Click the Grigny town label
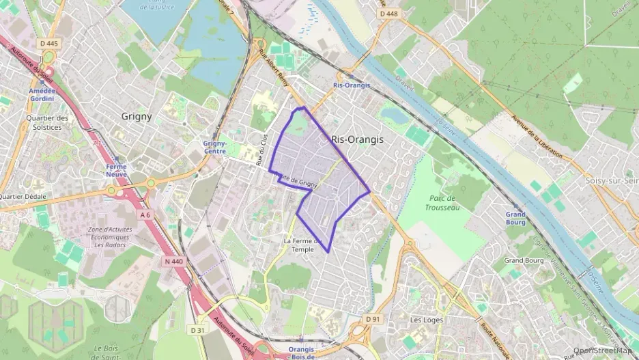point(137,116)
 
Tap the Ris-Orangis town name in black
point(357,139)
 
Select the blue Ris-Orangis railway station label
point(351,85)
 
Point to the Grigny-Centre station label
point(214,147)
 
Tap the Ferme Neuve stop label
point(116,170)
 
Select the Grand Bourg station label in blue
point(515,217)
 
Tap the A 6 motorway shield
point(145,214)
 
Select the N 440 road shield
point(173,260)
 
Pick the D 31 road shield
point(197,330)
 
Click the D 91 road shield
point(372,318)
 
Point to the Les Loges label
point(427,320)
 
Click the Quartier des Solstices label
point(47,122)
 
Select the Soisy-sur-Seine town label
point(611,180)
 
